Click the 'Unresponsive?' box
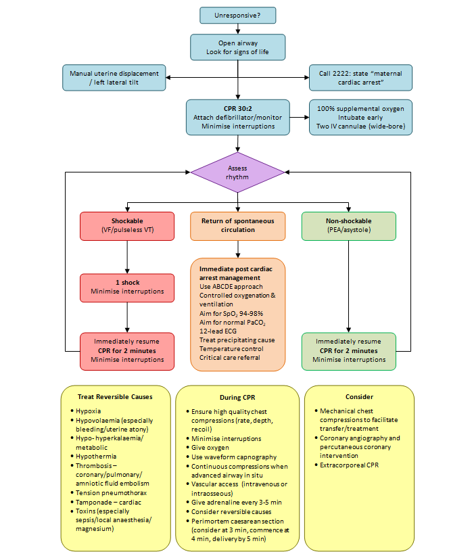coord(237,15)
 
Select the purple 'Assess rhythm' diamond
coord(237,172)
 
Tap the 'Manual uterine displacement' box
coord(114,78)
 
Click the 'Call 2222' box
coord(360,78)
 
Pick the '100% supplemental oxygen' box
coord(360,116)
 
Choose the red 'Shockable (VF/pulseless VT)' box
coord(127,226)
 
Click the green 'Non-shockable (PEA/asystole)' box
coord(348,226)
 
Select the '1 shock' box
coord(127,287)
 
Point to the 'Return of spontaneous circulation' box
coord(237,226)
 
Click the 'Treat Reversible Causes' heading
coord(114,397)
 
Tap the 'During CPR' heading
coord(237,397)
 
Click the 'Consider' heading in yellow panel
coord(359,397)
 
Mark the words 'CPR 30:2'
coord(237,108)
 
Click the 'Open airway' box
coord(237,47)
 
